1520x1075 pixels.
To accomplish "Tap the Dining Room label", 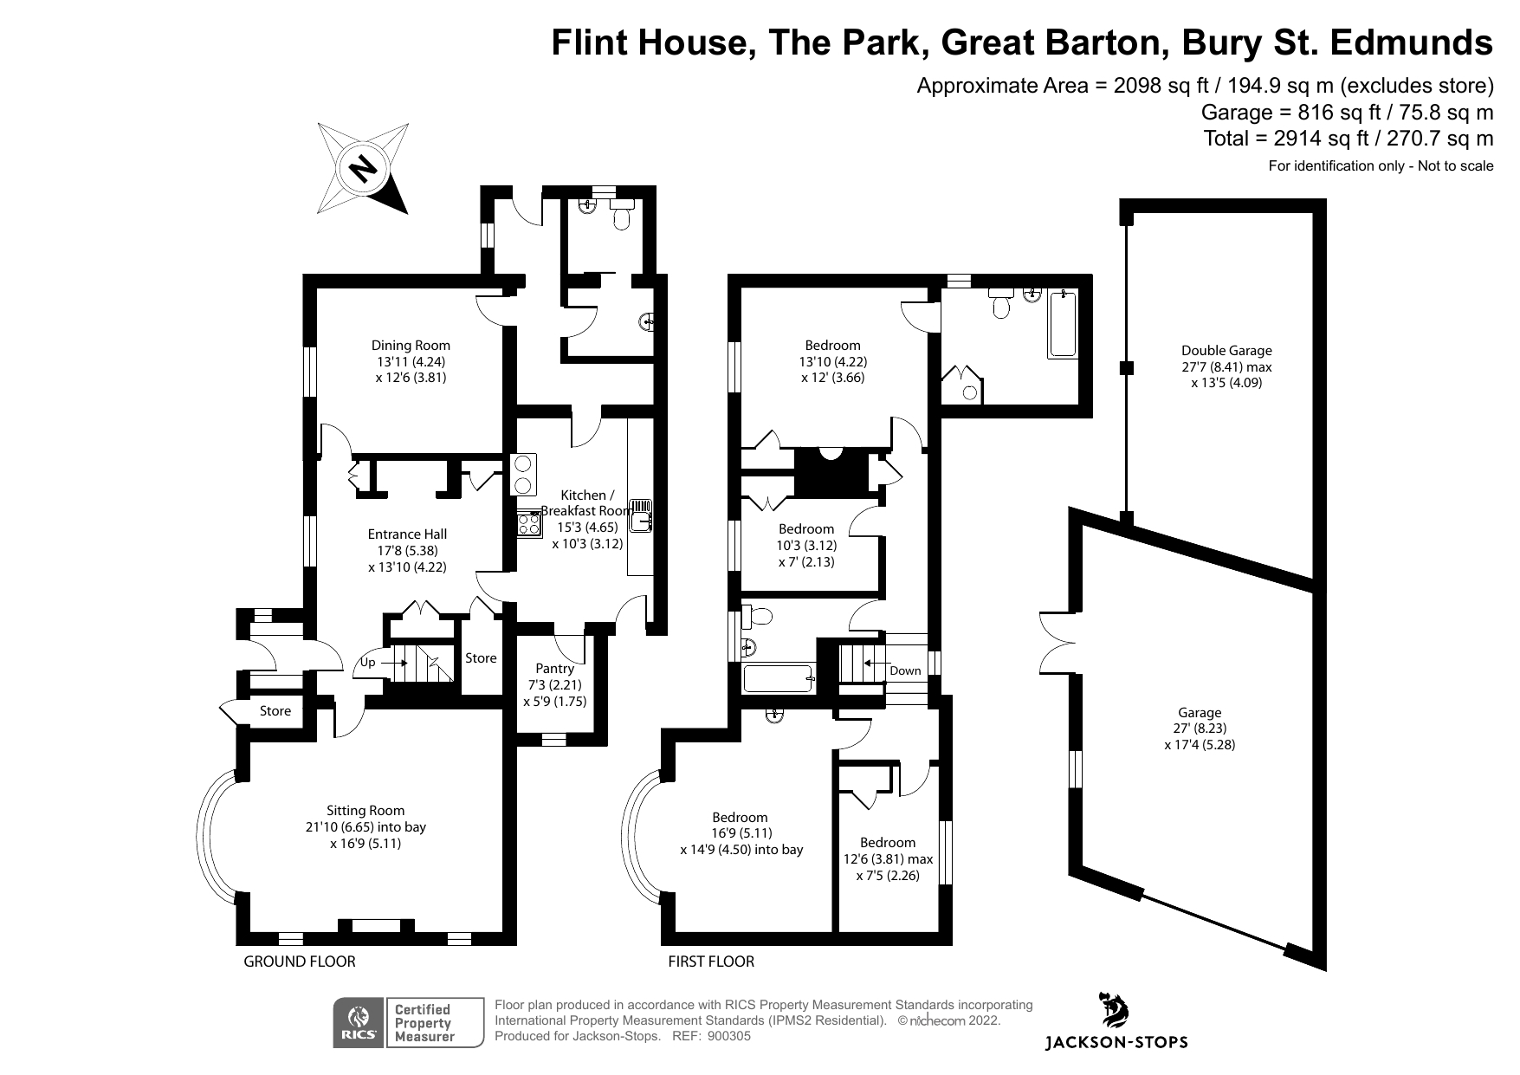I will pos(411,346).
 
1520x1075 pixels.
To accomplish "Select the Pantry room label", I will pos(554,669).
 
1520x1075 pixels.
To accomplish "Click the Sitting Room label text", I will pos(365,811).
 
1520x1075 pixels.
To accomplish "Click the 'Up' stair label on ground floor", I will pos(367,663).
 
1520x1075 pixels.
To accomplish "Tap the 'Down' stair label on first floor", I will pos(905,670).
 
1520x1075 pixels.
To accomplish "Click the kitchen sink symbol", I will pos(639,515).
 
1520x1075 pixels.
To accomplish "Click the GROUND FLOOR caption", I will pos(300,962).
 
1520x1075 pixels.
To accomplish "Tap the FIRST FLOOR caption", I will pos(711,962).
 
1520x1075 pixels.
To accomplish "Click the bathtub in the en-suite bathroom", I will pos(1063,325).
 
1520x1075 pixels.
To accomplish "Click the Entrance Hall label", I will pos(407,534).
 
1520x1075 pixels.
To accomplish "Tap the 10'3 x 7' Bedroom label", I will pos(806,529).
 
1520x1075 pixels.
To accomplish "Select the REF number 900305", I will pos(728,1036).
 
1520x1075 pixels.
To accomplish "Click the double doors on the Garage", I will pos(1058,642).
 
